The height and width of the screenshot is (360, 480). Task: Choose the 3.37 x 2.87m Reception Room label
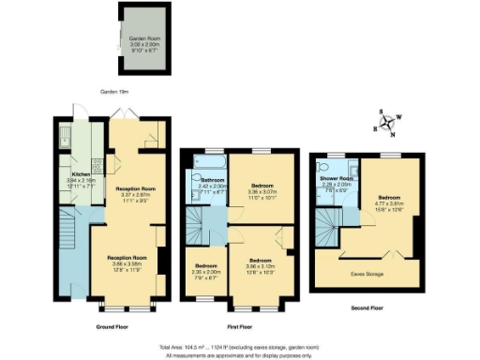[135, 196]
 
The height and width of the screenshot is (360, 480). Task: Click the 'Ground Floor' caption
[112, 327]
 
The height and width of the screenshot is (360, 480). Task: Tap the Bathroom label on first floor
[211, 185]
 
